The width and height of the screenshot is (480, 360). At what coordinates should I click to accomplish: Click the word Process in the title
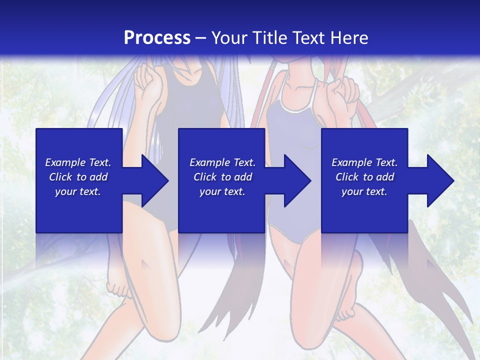click(157, 38)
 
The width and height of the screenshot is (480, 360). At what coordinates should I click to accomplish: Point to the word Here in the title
click(349, 38)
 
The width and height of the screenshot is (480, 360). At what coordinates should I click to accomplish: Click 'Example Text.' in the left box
click(78, 162)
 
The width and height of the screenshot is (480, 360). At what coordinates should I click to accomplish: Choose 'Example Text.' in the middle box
click(222, 162)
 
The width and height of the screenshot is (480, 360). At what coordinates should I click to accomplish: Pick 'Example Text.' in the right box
click(364, 162)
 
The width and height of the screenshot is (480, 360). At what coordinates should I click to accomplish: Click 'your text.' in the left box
click(78, 191)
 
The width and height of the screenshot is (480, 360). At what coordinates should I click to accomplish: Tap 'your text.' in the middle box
click(222, 191)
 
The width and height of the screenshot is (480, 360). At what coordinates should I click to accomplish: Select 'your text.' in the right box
click(364, 191)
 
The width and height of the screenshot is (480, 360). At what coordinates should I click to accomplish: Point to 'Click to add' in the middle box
click(222, 177)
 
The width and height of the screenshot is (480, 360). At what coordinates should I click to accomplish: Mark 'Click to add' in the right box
click(364, 177)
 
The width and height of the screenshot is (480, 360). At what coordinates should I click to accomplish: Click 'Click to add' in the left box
click(78, 177)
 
